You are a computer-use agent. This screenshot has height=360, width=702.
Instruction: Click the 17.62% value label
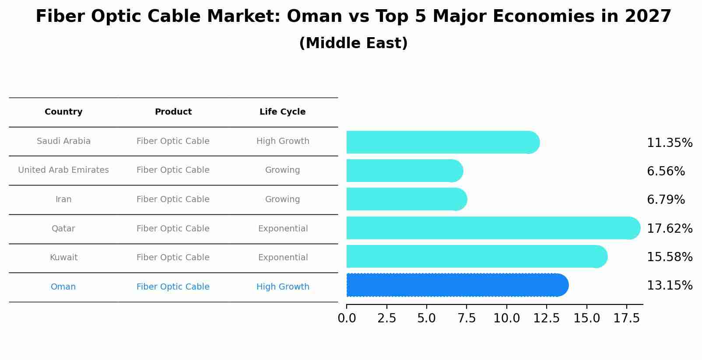[x=669, y=229]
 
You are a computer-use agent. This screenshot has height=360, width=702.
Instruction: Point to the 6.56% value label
[x=666, y=171]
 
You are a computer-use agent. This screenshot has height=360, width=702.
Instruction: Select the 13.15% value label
[x=669, y=286]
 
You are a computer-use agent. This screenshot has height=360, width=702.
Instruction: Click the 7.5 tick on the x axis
[x=467, y=318]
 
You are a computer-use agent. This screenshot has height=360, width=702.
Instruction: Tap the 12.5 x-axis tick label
[x=546, y=318]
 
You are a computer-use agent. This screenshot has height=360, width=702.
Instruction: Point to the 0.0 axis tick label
[x=347, y=318]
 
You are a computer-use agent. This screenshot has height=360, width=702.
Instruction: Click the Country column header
[x=63, y=112]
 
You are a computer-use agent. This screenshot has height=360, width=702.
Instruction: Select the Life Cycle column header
[x=282, y=112]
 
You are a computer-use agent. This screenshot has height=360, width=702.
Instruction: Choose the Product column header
[x=173, y=112]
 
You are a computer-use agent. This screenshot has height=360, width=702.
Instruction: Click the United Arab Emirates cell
[x=63, y=170]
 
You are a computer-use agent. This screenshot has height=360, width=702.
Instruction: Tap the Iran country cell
[x=63, y=199]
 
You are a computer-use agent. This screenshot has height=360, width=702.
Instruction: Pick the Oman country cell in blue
[x=63, y=287]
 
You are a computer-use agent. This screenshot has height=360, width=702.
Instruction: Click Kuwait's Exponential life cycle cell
[x=283, y=258]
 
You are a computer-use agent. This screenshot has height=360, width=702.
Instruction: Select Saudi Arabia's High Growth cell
[x=283, y=141]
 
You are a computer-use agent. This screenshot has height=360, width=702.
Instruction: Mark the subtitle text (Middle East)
[x=353, y=43]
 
